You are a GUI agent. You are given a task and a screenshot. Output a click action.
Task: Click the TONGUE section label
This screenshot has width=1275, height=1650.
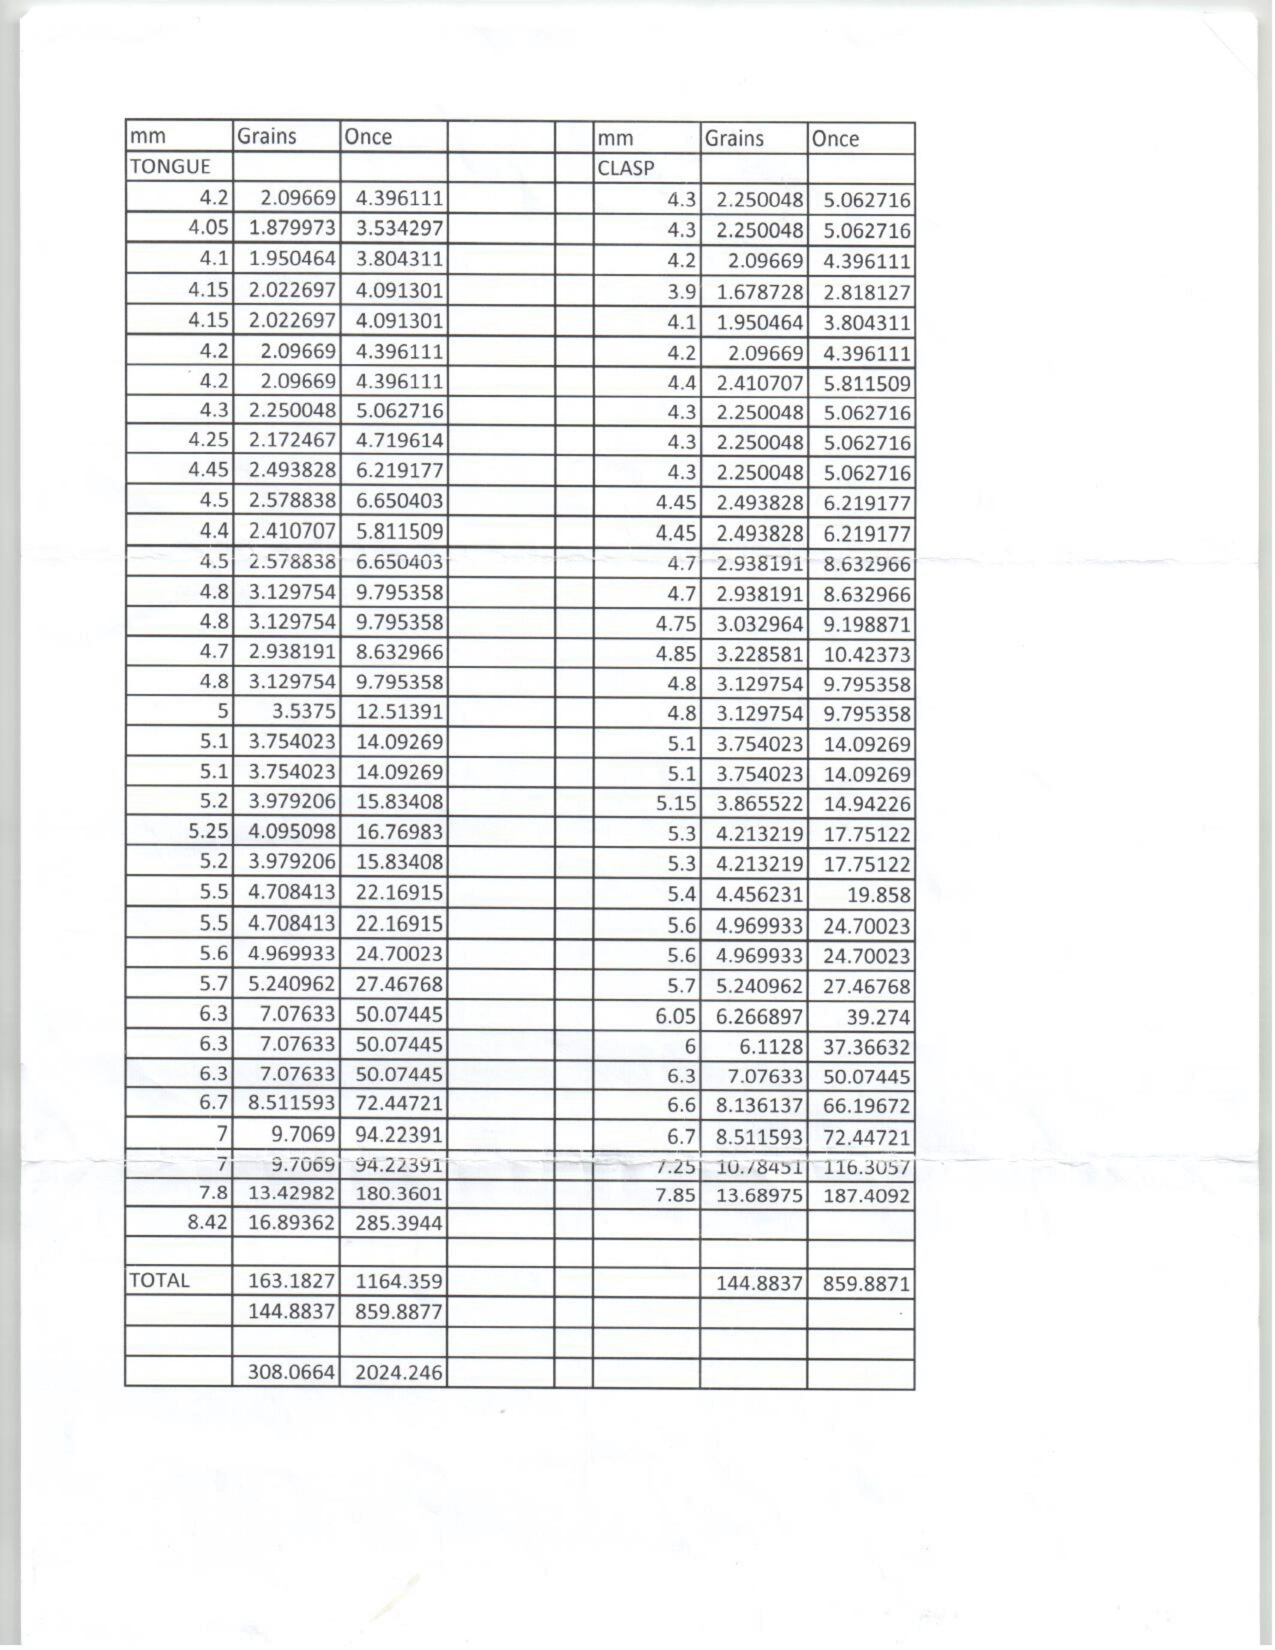click(x=170, y=166)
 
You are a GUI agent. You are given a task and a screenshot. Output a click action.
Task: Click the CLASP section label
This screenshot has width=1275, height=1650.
click(x=625, y=168)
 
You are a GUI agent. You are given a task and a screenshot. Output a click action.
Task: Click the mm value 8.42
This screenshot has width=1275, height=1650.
click(x=208, y=1222)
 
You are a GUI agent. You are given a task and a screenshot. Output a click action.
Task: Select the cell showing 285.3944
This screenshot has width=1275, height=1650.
click(x=398, y=1222)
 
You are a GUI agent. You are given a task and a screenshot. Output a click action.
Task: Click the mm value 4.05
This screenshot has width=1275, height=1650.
click(x=208, y=227)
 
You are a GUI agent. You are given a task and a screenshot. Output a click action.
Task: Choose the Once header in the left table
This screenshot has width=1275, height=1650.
click(x=368, y=137)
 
